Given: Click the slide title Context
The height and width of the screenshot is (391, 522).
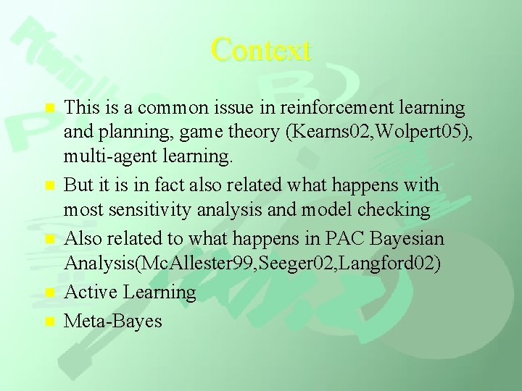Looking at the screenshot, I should pyautogui.click(x=261, y=50).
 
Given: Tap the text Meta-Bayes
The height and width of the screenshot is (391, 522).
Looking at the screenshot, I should pyautogui.click(x=113, y=320).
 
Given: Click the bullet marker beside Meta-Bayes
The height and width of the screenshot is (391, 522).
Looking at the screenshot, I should pyautogui.click(x=49, y=321).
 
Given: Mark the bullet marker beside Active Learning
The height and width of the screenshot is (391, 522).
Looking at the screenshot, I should pyautogui.click(x=49, y=293).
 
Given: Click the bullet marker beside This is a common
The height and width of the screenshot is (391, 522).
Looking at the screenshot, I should pyautogui.click(x=49, y=109).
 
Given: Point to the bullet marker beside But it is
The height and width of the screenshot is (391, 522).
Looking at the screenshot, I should pyautogui.click(x=49, y=186).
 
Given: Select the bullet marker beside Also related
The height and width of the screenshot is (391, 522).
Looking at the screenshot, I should pyautogui.click(x=49, y=239).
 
